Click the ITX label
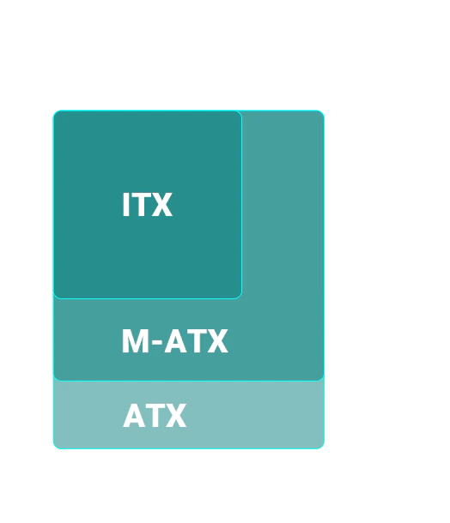click(x=148, y=204)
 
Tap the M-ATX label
click(x=175, y=341)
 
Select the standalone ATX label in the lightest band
click(x=155, y=415)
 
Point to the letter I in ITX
click(x=125, y=204)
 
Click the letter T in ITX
click(x=140, y=204)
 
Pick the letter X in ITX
click(x=161, y=204)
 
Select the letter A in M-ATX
click(x=175, y=341)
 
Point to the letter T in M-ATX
click(x=195, y=341)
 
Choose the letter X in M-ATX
click(x=216, y=341)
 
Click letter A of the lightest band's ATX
click(x=135, y=416)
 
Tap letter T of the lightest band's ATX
click(x=155, y=416)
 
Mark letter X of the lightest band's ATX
click(x=174, y=416)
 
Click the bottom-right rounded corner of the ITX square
click(x=240, y=297)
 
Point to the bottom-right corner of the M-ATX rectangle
click(x=322, y=378)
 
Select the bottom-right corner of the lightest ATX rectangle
click(x=322, y=447)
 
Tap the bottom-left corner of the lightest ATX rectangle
click(x=56, y=447)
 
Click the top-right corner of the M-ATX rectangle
click(x=322, y=112)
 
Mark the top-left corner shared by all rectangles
click(x=56, y=112)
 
